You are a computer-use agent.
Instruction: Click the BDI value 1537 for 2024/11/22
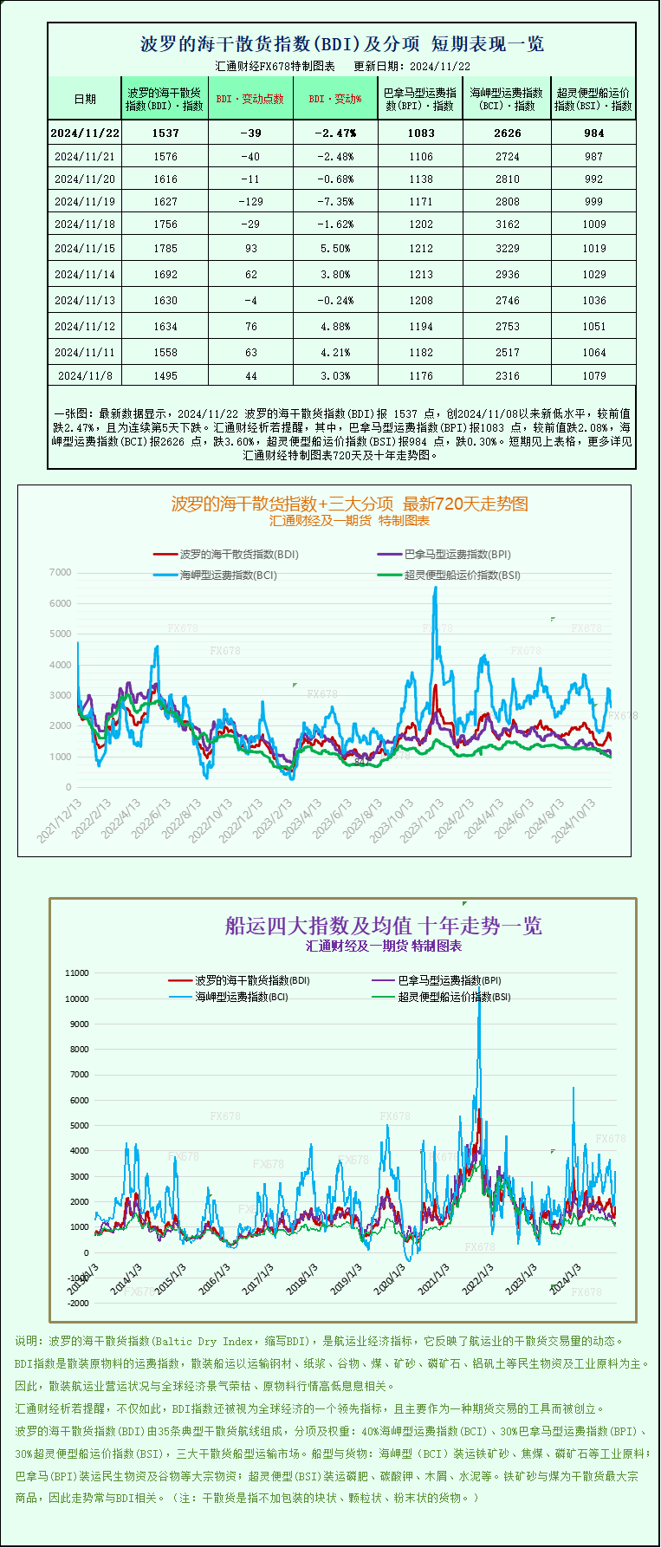click(x=165, y=133)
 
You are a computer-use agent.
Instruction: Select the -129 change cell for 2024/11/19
click(x=250, y=201)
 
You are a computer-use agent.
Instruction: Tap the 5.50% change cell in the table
click(x=335, y=248)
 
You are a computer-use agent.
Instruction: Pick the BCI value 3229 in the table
click(x=508, y=248)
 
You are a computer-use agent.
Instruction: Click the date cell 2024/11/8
click(x=85, y=375)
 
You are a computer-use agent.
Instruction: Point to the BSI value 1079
click(x=593, y=375)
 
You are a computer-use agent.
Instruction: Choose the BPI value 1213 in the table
click(x=421, y=274)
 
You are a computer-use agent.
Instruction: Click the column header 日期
click(x=85, y=99)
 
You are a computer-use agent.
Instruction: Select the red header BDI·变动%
click(x=335, y=99)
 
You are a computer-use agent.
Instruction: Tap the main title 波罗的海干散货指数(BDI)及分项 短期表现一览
click(x=342, y=43)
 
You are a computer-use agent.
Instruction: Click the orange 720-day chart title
click(x=349, y=504)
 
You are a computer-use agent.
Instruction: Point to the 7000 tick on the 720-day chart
click(x=61, y=572)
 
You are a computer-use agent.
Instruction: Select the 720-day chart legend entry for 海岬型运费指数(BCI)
click(x=228, y=575)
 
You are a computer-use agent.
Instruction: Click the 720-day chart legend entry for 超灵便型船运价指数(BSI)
click(x=462, y=575)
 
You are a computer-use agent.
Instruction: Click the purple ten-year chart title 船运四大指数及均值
click(x=384, y=926)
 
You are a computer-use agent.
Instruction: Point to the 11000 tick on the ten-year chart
click(x=77, y=972)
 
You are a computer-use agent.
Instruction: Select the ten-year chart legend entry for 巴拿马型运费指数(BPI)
click(x=449, y=980)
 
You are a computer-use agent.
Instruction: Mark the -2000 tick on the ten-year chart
click(x=78, y=1303)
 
